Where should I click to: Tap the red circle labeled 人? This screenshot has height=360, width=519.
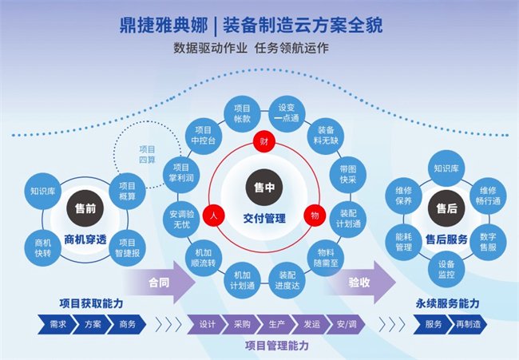(x=212, y=216)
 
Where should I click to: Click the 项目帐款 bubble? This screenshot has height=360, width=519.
(x=242, y=113)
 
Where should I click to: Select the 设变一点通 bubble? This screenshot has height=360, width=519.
(x=287, y=113)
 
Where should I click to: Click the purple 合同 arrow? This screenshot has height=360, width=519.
(x=159, y=282)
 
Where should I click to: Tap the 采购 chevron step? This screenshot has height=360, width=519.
(x=242, y=325)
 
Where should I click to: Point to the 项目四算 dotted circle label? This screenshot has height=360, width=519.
(x=148, y=152)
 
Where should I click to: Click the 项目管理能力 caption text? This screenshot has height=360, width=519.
(x=275, y=346)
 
